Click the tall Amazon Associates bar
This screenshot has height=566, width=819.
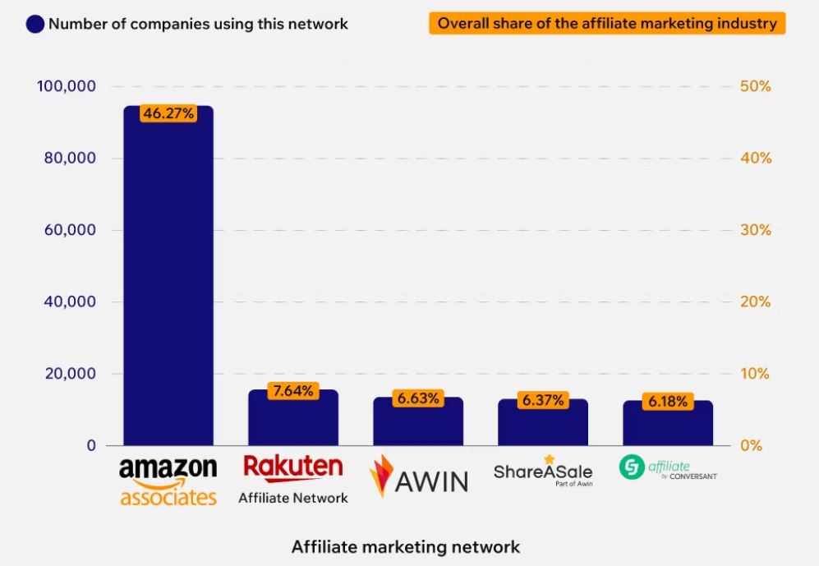[168, 279]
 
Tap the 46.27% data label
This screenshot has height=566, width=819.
[168, 113]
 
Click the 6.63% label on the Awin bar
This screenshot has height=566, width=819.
[417, 398]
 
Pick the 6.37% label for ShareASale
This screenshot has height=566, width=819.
[542, 401]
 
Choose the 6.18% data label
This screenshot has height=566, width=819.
[667, 402]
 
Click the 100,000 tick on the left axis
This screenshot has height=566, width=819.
[67, 86]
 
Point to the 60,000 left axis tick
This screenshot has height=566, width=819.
[70, 230]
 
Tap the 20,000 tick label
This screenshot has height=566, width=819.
[70, 374]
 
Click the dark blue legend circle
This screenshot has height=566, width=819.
[35, 24]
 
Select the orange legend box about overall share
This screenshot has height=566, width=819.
[606, 23]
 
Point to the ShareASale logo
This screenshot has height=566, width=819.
[542, 472]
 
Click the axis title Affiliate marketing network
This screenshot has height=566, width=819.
[406, 546]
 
